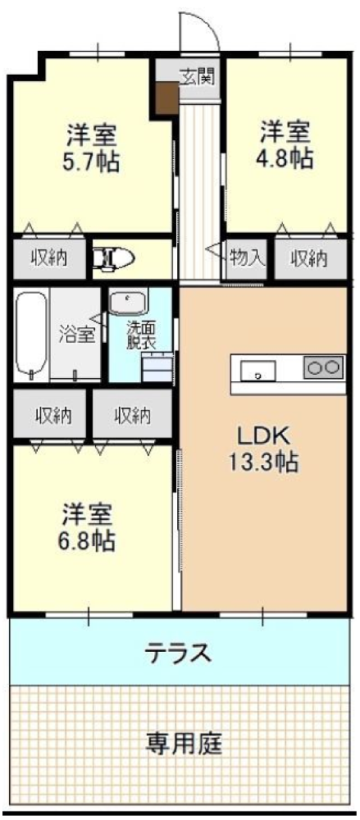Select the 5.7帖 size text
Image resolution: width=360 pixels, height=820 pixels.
(91, 162)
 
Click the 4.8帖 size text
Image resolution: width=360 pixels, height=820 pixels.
(286, 158)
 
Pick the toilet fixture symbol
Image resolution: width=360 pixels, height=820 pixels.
(113, 257)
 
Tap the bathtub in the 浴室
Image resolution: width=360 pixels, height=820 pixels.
(31, 335)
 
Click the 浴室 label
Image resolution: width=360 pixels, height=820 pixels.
(76, 335)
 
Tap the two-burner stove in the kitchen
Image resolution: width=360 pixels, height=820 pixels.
(323, 367)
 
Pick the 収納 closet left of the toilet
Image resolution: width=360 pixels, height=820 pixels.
(49, 258)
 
